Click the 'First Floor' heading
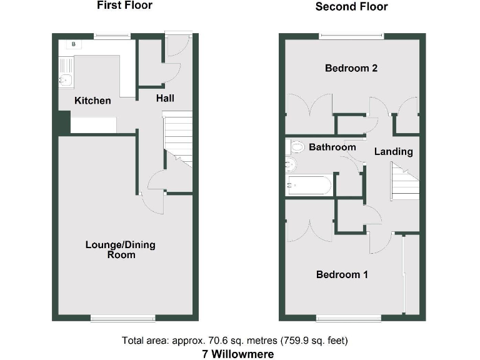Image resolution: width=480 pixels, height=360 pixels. [x=124, y=6]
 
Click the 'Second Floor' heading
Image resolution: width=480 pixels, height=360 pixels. [x=351, y=7]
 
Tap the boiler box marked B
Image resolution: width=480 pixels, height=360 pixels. [x=74, y=44]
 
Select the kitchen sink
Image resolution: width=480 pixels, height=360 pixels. [x=64, y=79]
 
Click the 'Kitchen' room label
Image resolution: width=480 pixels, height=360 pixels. [x=92, y=101]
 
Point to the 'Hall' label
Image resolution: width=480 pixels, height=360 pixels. [x=165, y=98]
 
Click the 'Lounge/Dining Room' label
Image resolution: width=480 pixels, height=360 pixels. [x=120, y=249]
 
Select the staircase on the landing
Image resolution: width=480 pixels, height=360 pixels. [x=404, y=179]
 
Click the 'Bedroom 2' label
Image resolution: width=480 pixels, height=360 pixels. [x=351, y=68]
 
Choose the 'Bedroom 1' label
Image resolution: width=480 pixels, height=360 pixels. [x=342, y=274]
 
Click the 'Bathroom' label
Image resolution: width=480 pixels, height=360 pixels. [x=332, y=147]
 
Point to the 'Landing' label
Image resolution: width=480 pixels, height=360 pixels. [x=393, y=151]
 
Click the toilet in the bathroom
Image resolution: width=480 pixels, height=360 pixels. [x=298, y=147]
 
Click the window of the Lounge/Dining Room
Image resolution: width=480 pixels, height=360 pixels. [x=122, y=319]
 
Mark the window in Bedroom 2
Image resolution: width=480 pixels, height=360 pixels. [x=351, y=36]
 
